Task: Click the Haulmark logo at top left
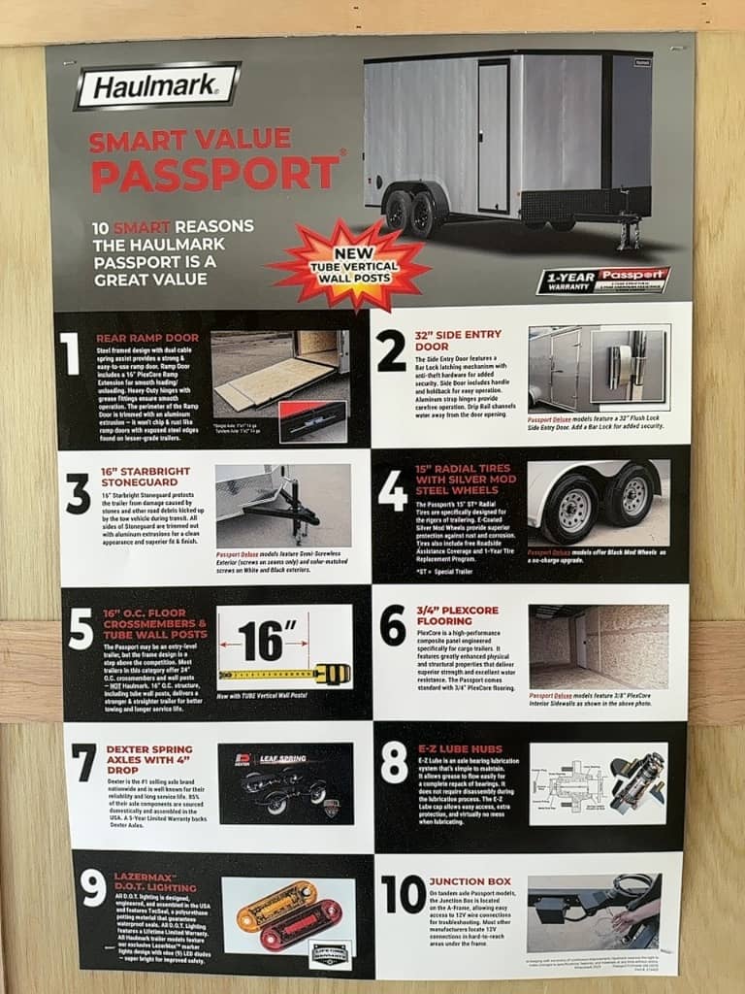pos(157,87)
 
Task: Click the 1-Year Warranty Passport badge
pos(602,281)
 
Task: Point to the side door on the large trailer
pos(493,136)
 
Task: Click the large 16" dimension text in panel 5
pos(261,641)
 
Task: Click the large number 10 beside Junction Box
pos(404,894)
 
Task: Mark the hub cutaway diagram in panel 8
pos(568,783)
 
